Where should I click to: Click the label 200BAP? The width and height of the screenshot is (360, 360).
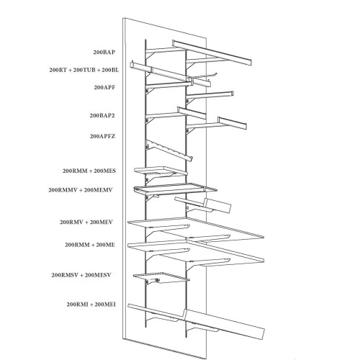tap(104, 52)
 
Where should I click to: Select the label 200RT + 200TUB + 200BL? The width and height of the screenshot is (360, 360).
tap(84, 70)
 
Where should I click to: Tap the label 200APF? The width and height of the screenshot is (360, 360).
tap(104, 87)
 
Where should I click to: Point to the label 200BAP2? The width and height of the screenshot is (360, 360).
tap(102, 115)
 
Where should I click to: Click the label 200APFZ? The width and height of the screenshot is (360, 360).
tap(102, 136)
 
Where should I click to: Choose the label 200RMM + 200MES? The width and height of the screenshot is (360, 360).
tap(89, 171)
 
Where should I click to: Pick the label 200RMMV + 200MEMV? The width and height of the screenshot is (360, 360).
tap(81, 190)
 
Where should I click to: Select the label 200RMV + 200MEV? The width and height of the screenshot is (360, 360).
tap(86, 222)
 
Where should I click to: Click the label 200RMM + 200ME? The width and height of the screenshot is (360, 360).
tap(90, 245)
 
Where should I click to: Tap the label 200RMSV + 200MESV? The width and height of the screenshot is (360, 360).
tap(81, 275)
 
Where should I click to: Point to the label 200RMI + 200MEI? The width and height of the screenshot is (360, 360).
tap(91, 305)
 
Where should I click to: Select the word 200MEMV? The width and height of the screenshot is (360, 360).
tap(99, 190)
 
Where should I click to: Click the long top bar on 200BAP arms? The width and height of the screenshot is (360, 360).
tap(212, 53)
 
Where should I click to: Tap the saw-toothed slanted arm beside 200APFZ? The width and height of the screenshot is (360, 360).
tap(169, 150)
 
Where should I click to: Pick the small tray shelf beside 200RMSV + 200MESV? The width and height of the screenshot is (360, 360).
tap(161, 278)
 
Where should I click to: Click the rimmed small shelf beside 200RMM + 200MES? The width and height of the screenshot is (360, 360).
tap(161, 171)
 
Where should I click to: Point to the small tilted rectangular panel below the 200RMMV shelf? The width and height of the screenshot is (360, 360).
tap(217, 205)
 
